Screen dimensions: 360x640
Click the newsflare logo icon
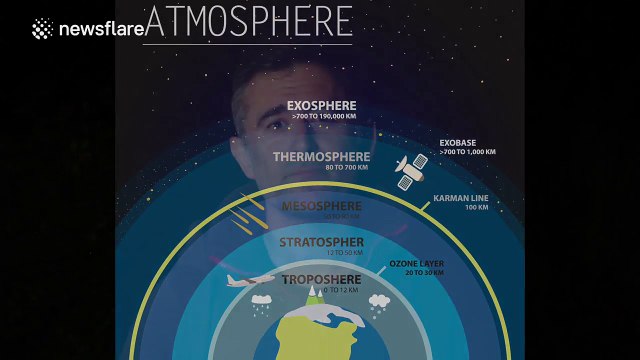click(x=42, y=28)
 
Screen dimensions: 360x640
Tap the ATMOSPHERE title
click(x=248, y=21)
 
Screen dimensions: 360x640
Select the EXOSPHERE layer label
click(x=320, y=105)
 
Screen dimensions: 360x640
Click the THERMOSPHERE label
click(x=320, y=156)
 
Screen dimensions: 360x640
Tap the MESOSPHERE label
click(x=320, y=206)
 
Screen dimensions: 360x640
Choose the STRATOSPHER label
click(x=320, y=242)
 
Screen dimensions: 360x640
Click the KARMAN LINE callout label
click(x=462, y=198)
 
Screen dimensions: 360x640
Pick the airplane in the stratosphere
click(x=251, y=281)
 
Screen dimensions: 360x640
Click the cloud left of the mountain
click(x=261, y=300)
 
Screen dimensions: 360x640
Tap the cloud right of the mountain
click(x=379, y=301)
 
